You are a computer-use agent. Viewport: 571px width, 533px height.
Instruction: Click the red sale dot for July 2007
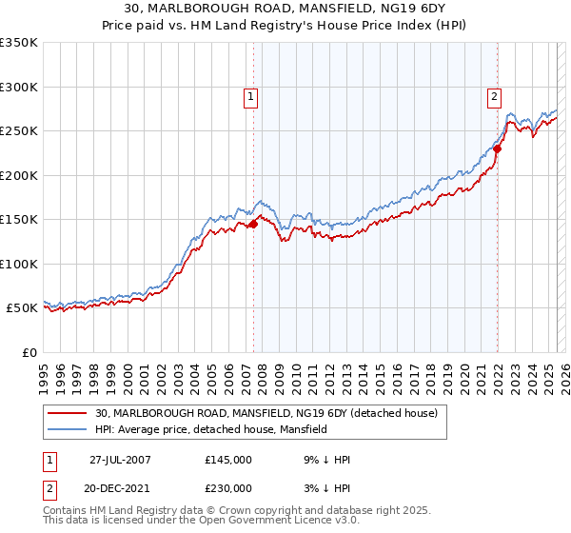tap(254, 225)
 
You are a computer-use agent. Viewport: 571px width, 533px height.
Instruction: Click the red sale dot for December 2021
tap(497, 148)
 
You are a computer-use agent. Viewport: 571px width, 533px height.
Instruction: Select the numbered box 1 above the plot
tap(249, 95)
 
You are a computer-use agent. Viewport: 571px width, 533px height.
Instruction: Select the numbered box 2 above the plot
tap(495, 95)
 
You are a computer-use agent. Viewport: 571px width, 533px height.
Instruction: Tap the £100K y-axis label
tap(19, 265)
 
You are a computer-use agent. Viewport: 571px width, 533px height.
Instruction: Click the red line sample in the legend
tap(69, 414)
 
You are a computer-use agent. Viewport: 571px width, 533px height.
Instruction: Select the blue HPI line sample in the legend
tap(69, 430)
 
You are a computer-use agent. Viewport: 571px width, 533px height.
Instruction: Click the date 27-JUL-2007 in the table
tap(120, 460)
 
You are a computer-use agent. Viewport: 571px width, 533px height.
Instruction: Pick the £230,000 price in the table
tap(228, 488)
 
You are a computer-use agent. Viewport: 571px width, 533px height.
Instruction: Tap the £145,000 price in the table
tap(228, 460)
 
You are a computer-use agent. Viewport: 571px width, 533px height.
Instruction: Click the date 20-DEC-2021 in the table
tap(120, 488)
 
